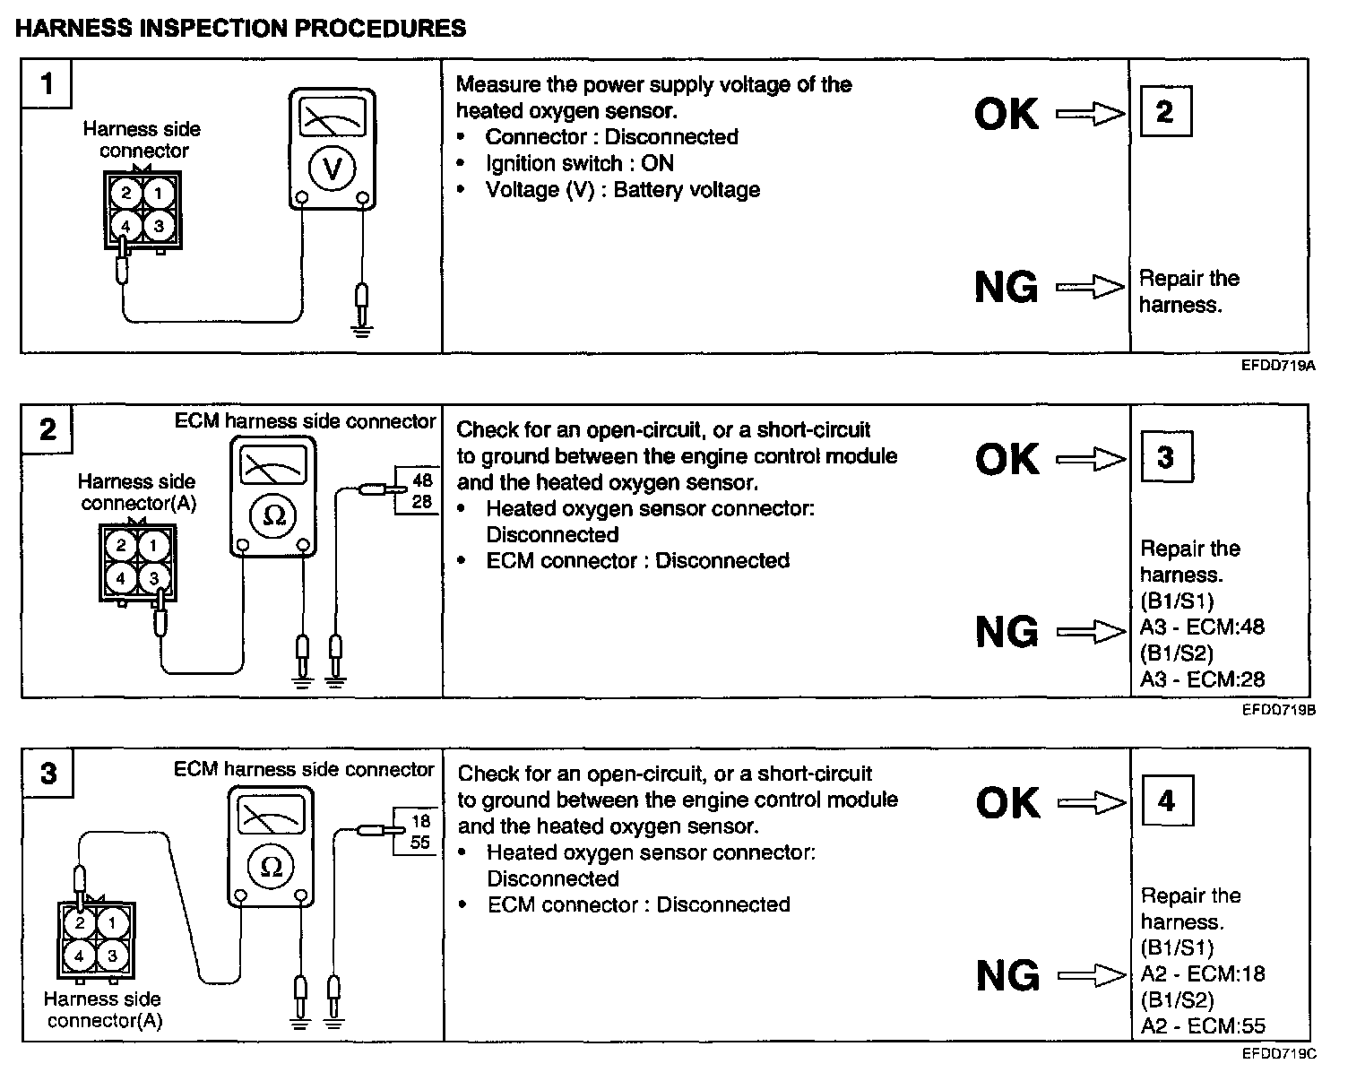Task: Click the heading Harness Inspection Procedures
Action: [241, 29]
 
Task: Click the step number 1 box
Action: [47, 84]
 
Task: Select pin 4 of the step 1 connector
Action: [126, 227]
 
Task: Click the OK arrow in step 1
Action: [1089, 114]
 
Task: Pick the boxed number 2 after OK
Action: [1164, 112]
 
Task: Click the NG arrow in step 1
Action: [1089, 288]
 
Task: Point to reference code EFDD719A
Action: [1278, 366]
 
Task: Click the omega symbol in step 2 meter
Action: [274, 515]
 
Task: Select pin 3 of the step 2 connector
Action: [153, 578]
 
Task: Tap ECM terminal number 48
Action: [421, 481]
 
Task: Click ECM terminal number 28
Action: [421, 502]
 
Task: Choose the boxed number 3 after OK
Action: [1164, 458]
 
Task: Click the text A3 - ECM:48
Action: [1202, 627]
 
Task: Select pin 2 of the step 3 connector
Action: [80, 923]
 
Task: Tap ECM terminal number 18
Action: [420, 821]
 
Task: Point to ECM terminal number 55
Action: [420, 843]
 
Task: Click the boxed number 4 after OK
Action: [1166, 801]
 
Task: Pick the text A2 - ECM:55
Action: [1203, 1026]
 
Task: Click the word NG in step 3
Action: [1007, 975]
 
